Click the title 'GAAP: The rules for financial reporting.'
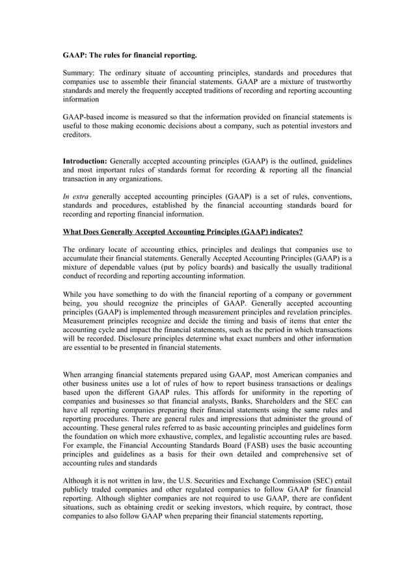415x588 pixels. pos(129,56)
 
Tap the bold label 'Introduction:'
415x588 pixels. pos(84,160)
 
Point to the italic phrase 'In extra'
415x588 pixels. pos(75,195)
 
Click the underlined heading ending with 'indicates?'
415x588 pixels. pos(182,232)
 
